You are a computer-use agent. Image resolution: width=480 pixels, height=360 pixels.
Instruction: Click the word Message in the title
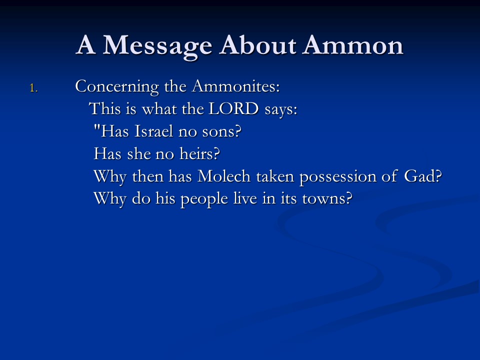pos(157,46)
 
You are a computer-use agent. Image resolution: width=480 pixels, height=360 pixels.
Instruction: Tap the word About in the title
pos(257,45)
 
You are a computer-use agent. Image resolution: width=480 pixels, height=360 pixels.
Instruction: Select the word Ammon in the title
pos(352,45)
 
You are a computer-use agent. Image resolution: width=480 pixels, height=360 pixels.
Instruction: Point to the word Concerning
pos(117,87)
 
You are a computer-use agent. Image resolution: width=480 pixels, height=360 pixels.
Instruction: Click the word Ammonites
pos(235,86)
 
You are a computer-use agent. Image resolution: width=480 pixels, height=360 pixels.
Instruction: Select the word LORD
pos(233,108)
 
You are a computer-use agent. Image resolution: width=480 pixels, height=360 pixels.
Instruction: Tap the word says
pos(281,110)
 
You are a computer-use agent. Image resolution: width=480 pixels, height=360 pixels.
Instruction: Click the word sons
pos(221,132)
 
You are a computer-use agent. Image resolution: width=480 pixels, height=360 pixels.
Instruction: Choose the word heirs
pos(199,153)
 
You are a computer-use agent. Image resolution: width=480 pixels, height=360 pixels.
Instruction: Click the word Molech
pos(224,176)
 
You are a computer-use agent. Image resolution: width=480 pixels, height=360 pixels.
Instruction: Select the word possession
pos(337,177)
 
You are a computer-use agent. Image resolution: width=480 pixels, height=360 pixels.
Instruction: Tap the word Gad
pos(423,176)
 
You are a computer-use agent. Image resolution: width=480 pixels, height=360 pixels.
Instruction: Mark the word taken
pos(275,176)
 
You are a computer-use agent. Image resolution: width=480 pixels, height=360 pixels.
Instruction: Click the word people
pos(204,200)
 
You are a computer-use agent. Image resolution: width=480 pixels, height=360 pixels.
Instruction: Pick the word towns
pos(327,199)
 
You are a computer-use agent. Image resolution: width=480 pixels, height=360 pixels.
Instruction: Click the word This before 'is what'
pos(104,108)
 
